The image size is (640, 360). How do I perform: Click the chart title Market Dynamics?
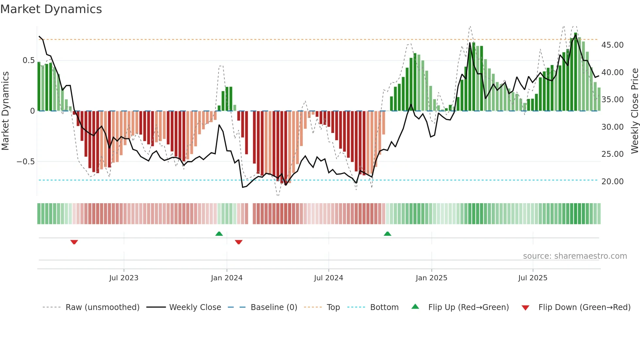[x=51, y=9]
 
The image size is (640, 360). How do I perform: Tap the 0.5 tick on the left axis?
[x=28, y=60]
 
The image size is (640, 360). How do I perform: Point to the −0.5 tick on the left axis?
[x=26, y=162]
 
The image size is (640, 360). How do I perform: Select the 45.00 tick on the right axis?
[x=612, y=45]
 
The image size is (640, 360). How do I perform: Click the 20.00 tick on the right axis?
[x=612, y=182]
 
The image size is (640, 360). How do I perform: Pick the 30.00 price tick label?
[x=612, y=127]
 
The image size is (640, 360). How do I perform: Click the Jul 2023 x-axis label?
[x=124, y=278]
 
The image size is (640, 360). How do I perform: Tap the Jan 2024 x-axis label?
[x=227, y=278]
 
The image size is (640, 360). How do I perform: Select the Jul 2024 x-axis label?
[x=328, y=278]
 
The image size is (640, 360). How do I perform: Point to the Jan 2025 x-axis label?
[x=431, y=278]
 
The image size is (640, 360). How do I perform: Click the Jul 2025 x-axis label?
[x=533, y=278]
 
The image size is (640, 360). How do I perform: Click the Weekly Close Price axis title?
[x=634, y=111]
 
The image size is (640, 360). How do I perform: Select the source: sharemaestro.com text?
[x=575, y=256]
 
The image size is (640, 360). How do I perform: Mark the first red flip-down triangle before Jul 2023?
[x=74, y=242]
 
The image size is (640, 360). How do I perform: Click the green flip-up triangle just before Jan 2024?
[x=219, y=234]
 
